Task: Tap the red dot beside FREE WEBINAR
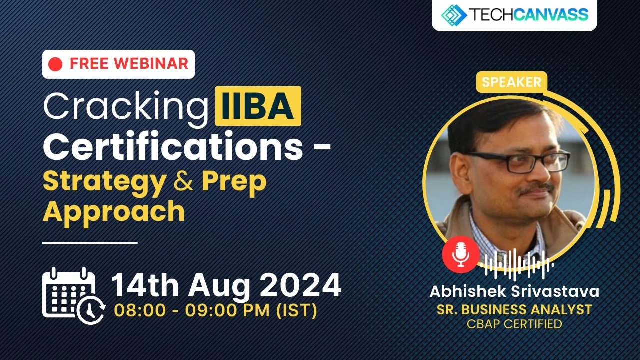tap(56, 64)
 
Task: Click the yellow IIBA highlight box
tap(258, 106)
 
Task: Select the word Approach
tap(114, 211)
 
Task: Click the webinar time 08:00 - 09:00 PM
tap(215, 311)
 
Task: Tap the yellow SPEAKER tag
tap(511, 82)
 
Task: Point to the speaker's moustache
tap(534, 188)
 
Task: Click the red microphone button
tap(460, 254)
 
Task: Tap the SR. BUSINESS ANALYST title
tap(514, 309)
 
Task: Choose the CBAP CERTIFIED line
tap(514, 324)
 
